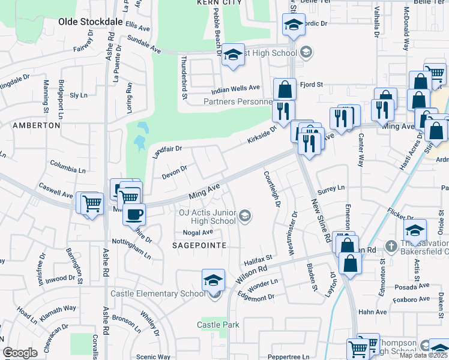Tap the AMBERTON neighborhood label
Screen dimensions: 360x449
pos(37,125)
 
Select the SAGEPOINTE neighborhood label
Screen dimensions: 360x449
pos(199,245)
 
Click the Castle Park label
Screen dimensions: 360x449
pos(218,325)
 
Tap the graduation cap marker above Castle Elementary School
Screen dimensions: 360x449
pos(213,280)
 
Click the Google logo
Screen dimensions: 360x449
pos(20,353)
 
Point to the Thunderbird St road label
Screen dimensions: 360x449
pos(184,77)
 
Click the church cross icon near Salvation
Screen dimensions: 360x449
pos(391,245)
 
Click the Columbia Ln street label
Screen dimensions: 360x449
pos(69,164)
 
